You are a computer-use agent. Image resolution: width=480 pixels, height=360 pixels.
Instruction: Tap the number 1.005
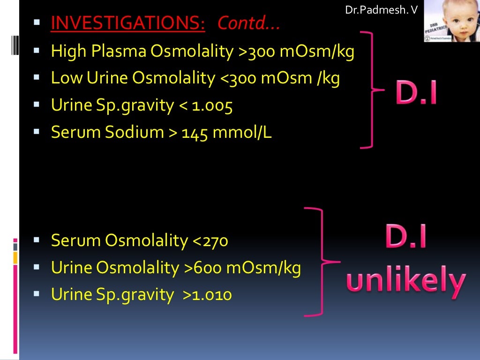tap(211, 105)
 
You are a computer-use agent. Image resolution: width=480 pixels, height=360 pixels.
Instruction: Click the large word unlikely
tap(406, 281)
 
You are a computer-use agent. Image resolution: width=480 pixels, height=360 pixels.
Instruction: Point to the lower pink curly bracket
tap(321, 261)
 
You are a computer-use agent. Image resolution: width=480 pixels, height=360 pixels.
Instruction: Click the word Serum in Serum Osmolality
tap(76, 241)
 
